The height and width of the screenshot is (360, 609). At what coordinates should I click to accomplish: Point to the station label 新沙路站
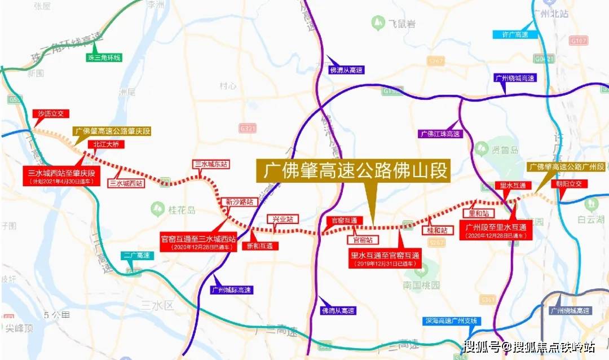239,201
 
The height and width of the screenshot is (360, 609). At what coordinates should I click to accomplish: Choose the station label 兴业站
283,218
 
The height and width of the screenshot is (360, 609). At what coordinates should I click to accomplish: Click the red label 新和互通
259,246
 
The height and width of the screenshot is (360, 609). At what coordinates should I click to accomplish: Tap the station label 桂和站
438,230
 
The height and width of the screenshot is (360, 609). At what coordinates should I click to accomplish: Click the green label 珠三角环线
104,58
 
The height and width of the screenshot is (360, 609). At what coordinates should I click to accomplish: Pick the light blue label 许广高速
514,34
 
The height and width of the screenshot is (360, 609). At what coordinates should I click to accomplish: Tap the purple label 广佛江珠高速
440,134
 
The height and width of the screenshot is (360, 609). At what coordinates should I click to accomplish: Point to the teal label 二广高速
137,256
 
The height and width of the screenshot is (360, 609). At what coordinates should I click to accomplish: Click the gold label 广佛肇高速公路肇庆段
113,131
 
